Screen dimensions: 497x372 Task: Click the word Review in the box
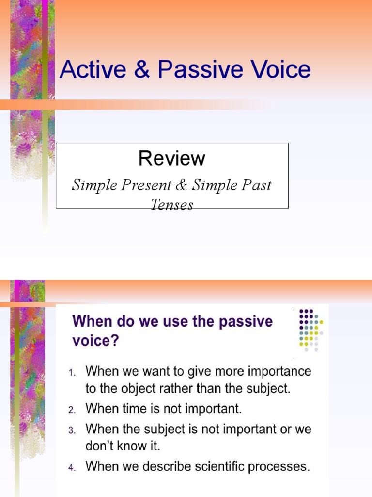172,158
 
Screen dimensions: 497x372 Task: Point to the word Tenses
172,205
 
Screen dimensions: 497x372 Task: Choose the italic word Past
258,185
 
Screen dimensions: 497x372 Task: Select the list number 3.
71,430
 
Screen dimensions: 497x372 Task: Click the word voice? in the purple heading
95,341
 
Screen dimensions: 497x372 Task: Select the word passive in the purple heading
246,322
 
